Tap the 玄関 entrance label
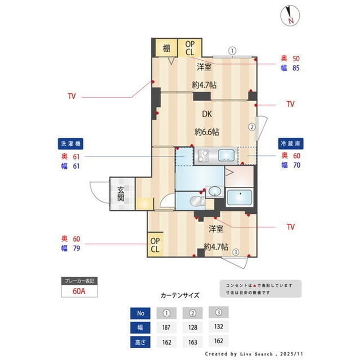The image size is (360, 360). coord(121,194)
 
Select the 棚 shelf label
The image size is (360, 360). coord(166,48)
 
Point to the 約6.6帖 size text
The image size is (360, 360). coord(206,132)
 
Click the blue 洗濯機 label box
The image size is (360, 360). coord(71,143)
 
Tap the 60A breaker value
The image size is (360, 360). coord(79,291)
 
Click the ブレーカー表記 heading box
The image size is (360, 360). coord(79,281)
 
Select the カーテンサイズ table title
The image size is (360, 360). coord(180,295)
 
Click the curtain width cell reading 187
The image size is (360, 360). coord(166,327)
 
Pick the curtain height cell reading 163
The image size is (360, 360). coord(193,341)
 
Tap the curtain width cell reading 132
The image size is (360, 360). coord(219,327)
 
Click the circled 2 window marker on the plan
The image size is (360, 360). coord(252,127)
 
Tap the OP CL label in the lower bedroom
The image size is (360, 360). coord(155,245)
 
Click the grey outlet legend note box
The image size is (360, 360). coord(259,289)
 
